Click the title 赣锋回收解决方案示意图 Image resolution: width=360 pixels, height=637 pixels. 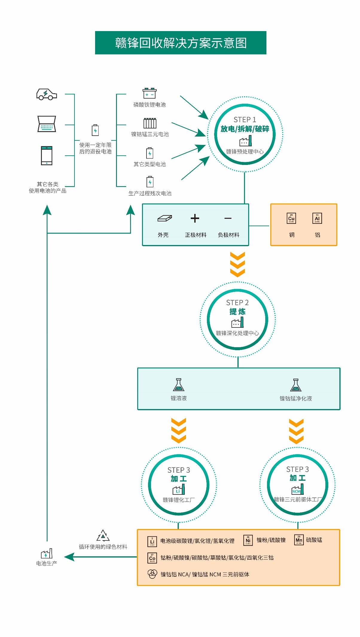(181, 43)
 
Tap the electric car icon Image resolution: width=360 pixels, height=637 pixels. (46, 94)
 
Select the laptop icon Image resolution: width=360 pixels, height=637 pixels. (47, 124)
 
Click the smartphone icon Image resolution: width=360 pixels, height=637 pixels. (47, 155)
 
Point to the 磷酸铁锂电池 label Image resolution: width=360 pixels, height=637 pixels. (149, 105)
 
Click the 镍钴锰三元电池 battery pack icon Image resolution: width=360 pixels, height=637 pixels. (150, 123)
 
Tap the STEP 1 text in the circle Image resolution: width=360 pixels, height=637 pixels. (245, 120)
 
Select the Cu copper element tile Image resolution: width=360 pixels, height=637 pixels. (291, 218)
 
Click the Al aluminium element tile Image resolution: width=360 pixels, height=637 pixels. (317, 218)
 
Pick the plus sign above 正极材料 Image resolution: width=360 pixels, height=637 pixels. (195, 218)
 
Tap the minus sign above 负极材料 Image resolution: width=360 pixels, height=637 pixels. (228, 218)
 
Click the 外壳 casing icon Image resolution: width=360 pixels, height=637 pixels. (164, 218)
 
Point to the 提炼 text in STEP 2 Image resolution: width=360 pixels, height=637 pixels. (237, 312)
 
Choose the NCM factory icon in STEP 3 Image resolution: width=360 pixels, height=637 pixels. (298, 489)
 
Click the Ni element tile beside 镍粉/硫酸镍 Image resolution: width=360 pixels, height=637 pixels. (248, 540)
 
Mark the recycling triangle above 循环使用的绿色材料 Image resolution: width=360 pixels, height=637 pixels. (103, 536)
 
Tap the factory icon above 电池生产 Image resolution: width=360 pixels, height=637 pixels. (47, 554)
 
